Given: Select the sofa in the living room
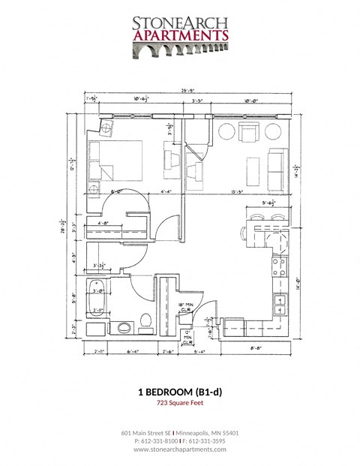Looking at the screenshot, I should [276, 165].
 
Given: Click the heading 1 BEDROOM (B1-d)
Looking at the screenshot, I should [180, 392].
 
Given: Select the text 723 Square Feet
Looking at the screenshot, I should [180, 404].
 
